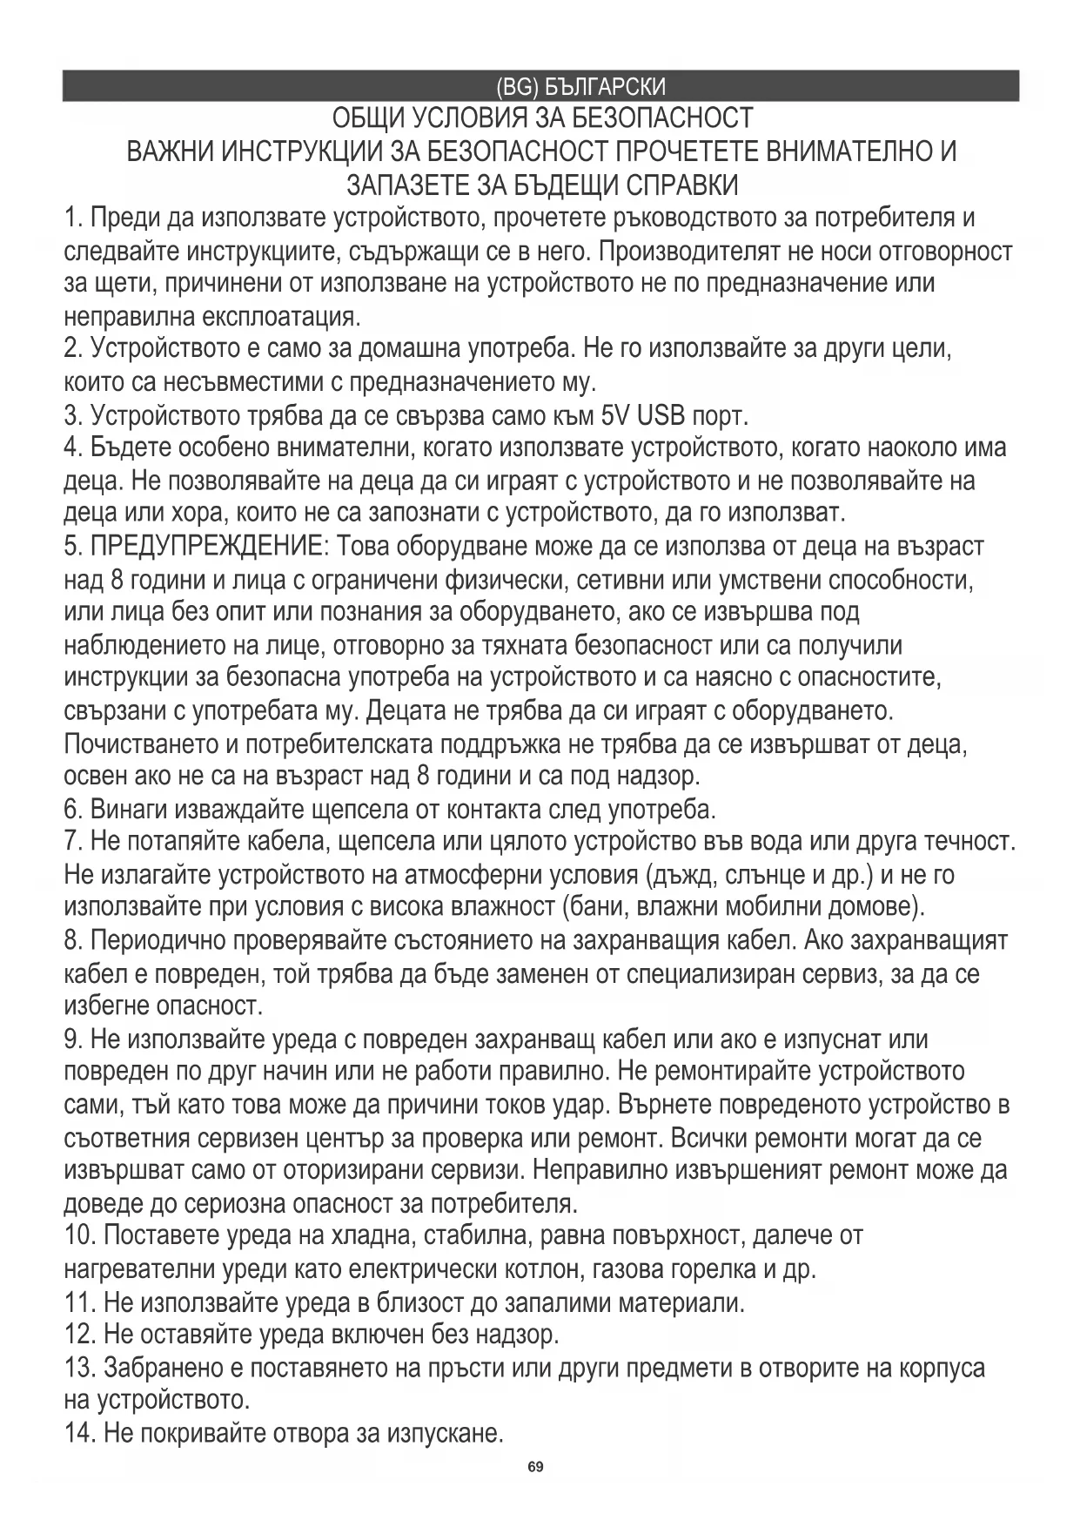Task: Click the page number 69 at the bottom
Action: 535,1467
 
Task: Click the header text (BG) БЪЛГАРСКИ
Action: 580,87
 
